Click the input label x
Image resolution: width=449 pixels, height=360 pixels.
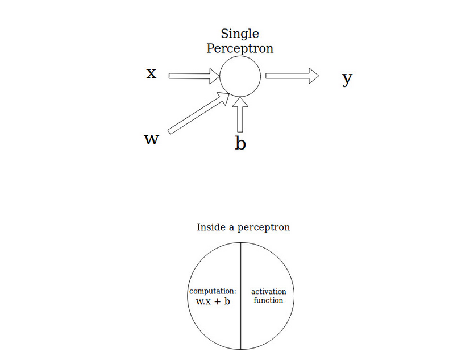click(x=151, y=74)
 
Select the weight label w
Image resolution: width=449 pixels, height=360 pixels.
click(x=151, y=139)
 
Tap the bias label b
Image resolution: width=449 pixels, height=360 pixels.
click(x=240, y=143)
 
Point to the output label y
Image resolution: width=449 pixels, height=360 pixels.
click(x=347, y=78)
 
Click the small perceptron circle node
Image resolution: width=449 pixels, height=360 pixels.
click(x=240, y=76)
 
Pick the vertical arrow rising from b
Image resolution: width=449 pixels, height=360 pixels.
click(x=240, y=116)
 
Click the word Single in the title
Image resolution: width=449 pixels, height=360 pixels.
click(x=240, y=34)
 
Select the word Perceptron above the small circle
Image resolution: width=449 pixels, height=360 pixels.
click(x=240, y=48)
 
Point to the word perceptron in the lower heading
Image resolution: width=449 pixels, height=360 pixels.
click(x=264, y=227)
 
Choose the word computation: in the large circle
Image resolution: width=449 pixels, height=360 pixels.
click(x=213, y=292)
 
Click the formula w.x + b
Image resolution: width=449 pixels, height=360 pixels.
click(x=213, y=301)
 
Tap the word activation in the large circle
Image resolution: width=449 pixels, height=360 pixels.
click(x=268, y=292)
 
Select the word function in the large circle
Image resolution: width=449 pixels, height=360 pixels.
click(x=268, y=300)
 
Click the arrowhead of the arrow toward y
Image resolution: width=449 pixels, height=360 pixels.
click(x=313, y=76)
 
